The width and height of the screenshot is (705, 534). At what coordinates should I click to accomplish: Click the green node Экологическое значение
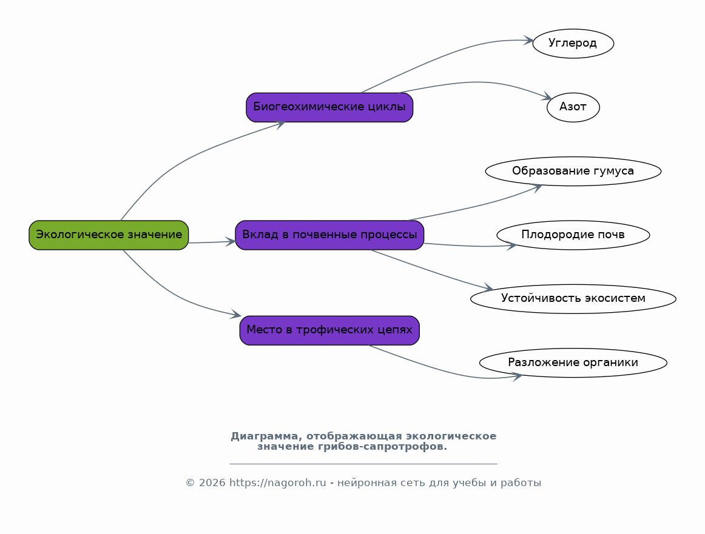109,235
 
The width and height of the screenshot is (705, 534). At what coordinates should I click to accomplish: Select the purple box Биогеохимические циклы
329,107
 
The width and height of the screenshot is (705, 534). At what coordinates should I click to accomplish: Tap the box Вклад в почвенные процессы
329,235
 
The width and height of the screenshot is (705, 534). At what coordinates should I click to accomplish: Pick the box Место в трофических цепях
329,330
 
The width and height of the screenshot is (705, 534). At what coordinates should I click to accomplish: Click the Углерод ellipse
573,44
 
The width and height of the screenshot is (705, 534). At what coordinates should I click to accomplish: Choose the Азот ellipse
573,107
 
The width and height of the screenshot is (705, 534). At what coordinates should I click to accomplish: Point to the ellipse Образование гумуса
573,171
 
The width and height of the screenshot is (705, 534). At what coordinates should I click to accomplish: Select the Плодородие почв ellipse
573,235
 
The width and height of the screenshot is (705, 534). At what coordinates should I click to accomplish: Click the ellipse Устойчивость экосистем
573,299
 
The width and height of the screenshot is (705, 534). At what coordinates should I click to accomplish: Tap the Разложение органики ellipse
573,363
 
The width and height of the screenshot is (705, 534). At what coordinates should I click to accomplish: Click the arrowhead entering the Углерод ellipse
528,41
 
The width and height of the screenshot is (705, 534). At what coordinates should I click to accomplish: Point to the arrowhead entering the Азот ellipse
547,96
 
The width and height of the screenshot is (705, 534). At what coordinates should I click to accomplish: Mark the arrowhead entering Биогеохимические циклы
280,124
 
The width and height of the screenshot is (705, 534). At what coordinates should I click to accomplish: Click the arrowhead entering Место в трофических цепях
236,315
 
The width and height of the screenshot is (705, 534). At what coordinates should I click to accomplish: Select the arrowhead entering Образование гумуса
537,188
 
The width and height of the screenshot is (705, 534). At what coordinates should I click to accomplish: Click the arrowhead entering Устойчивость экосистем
488,288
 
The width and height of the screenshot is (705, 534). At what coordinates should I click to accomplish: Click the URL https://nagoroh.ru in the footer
277,483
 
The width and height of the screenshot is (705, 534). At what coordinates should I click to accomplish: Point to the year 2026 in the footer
212,483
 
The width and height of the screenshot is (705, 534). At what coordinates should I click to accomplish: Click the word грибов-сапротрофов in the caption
382,447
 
